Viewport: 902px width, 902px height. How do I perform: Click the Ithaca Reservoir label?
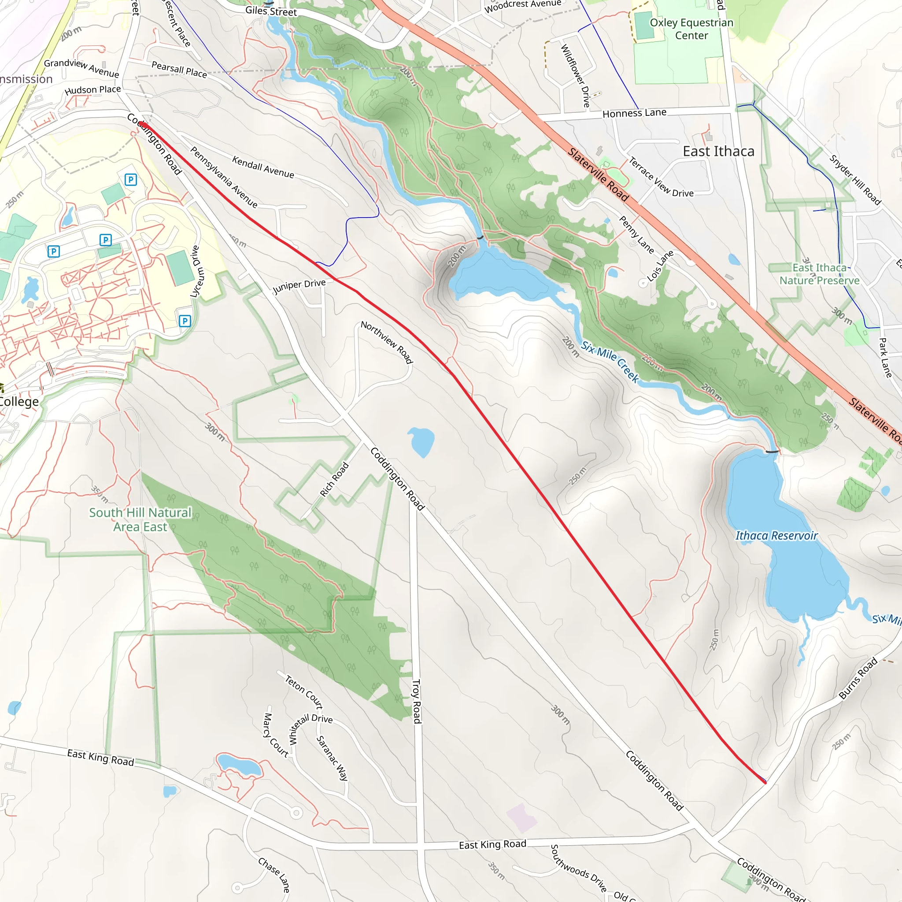(x=776, y=536)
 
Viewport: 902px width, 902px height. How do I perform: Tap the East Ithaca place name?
(x=718, y=151)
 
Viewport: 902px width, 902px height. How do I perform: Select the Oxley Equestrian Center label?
(x=691, y=29)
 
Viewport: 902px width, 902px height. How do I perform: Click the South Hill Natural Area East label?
(x=140, y=520)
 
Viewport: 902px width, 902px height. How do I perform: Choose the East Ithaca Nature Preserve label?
(x=819, y=274)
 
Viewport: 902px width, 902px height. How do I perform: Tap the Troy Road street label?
(x=417, y=701)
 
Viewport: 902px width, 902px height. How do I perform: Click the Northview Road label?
(x=387, y=342)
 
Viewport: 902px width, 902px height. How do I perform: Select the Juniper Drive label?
(x=299, y=286)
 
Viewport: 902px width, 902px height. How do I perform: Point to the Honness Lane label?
(x=634, y=113)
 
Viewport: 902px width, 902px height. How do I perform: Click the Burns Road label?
(x=858, y=678)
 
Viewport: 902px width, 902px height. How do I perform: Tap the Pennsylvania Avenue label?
(x=224, y=177)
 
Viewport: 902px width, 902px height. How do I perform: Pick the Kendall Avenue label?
(x=263, y=167)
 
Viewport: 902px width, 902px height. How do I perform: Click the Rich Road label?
(x=334, y=479)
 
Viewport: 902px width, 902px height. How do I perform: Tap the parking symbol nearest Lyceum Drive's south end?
(x=185, y=321)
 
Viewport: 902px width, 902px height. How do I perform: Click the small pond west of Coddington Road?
(x=421, y=441)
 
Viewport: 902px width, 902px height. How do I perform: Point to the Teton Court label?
(x=304, y=691)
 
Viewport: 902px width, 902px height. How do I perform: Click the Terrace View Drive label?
(x=661, y=177)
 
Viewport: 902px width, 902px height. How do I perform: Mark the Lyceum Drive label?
(x=195, y=271)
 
